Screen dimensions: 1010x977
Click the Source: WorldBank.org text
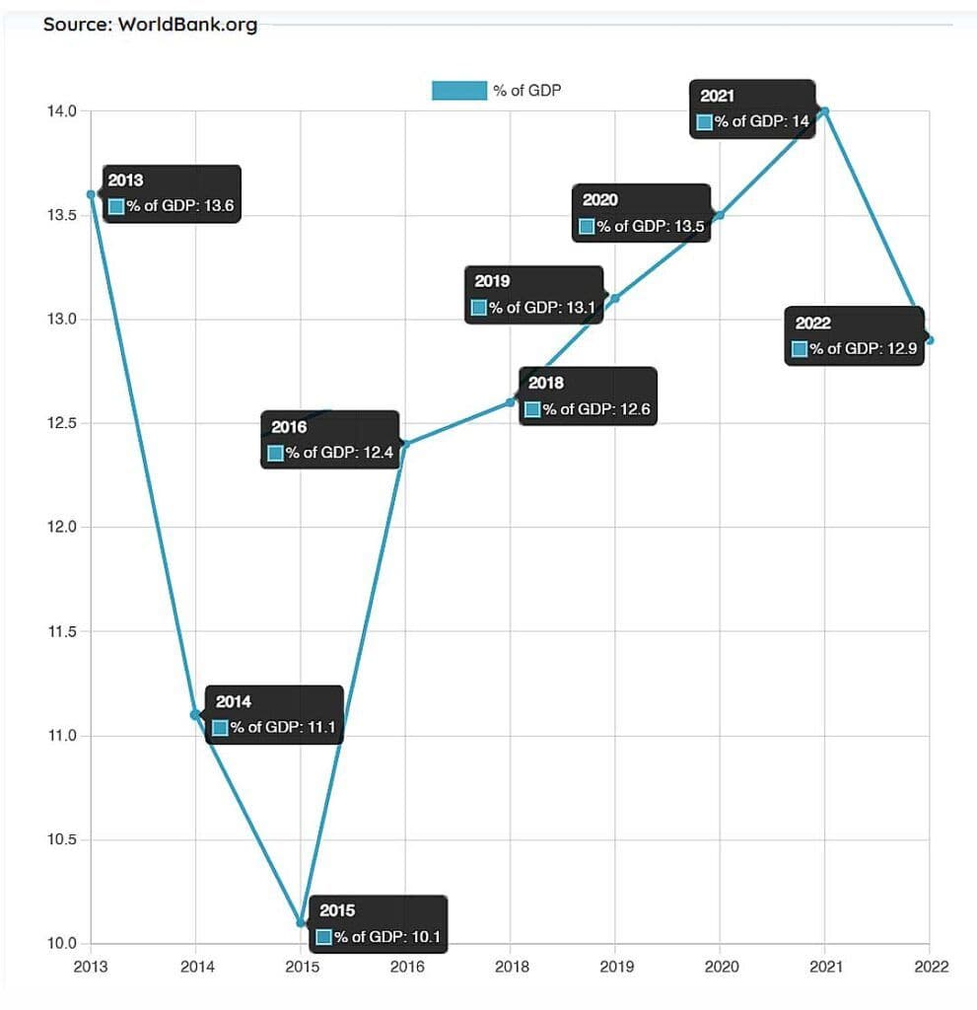pyautogui.click(x=150, y=25)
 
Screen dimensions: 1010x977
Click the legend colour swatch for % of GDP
pyautogui.click(x=459, y=91)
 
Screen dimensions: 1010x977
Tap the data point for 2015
pyautogui.click(x=301, y=922)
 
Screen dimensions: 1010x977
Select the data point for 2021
pyautogui.click(x=824, y=110)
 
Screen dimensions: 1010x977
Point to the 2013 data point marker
pyautogui.click(x=91, y=194)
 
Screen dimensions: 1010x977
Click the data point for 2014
pyautogui.click(x=195, y=714)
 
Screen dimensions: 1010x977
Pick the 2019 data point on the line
pyautogui.click(x=615, y=298)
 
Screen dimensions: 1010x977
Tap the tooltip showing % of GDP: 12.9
pyautogui.click(x=854, y=336)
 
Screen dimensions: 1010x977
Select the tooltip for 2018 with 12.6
pyautogui.click(x=588, y=397)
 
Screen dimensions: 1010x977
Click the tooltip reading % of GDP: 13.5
pyautogui.click(x=642, y=213)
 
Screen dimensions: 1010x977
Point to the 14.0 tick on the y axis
pyautogui.click(x=62, y=111)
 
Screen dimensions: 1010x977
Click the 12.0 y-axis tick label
pyautogui.click(x=62, y=528)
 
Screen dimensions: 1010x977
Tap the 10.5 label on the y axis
pyautogui.click(x=62, y=840)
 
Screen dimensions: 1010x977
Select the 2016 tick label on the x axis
pyautogui.click(x=406, y=967)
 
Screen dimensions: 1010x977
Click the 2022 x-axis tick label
pyautogui.click(x=929, y=967)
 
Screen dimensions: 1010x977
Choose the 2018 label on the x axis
pyautogui.click(x=511, y=967)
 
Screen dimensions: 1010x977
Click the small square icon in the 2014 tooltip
pyautogui.click(x=220, y=728)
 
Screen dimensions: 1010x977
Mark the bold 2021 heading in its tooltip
pyautogui.click(x=717, y=96)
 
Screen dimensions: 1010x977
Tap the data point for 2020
pyautogui.click(x=720, y=214)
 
